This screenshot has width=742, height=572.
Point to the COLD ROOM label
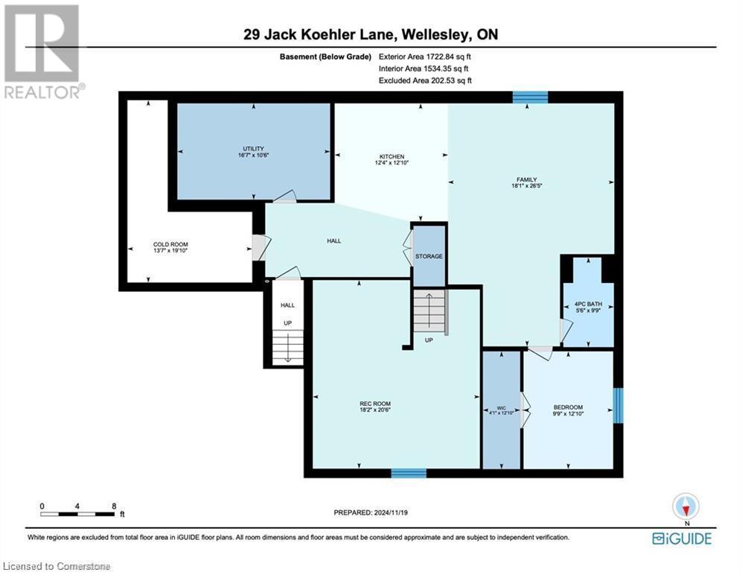coord(170,244)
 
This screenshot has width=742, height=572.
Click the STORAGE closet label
coord(429,256)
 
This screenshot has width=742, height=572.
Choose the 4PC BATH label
coord(587,305)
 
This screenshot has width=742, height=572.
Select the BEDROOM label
coord(568,407)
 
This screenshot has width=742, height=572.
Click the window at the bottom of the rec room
coord(409,473)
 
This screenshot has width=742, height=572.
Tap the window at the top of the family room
coord(530,97)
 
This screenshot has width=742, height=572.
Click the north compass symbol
coord(685,506)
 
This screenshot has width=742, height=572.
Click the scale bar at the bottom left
coord(78,513)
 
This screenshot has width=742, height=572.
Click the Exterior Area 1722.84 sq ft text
coord(426,56)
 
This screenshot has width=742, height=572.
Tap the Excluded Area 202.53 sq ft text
coord(425,80)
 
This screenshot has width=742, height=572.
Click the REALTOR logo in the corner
coord(42,52)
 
